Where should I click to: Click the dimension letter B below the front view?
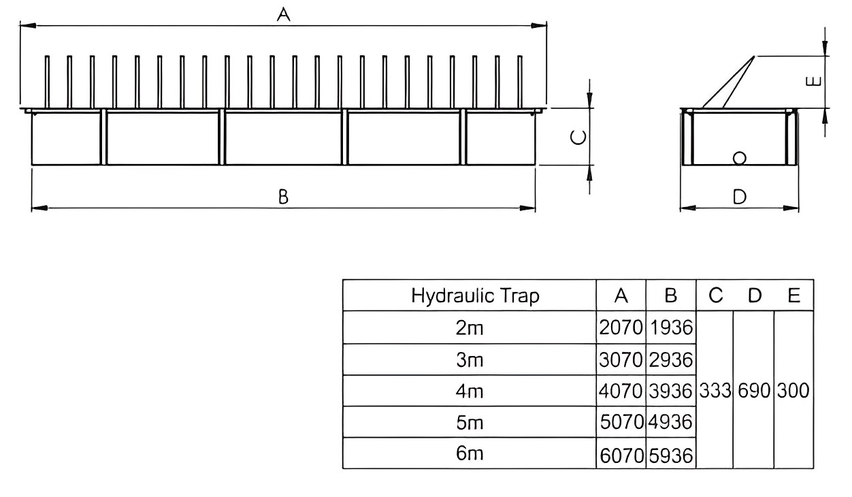point(284,197)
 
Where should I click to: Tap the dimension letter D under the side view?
point(740,197)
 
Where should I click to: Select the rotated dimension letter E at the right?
point(811,82)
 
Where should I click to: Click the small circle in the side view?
point(740,158)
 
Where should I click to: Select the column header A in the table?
point(620,296)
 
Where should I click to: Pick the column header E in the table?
point(793,296)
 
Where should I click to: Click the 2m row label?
point(470,328)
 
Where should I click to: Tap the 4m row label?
point(470,391)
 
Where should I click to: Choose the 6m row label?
point(470,454)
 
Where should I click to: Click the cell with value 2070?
point(621,328)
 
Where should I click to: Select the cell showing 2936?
point(671,359)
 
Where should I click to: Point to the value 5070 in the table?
point(621,423)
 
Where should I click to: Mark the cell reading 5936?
point(671,455)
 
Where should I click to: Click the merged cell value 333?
point(715,391)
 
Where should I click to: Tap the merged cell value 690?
point(753,391)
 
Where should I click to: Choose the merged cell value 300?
point(793,391)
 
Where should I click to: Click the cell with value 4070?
point(621,391)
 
